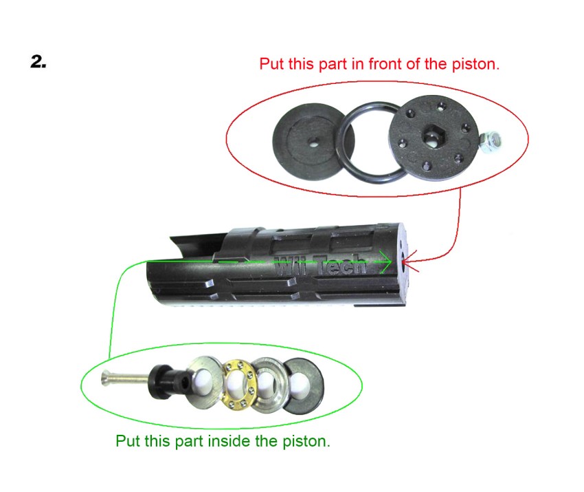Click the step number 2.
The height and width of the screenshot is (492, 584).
(x=38, y=61)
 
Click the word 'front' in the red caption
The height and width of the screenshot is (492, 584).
(x=385, y=64)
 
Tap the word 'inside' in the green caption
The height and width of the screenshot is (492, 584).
(x=229, y=441)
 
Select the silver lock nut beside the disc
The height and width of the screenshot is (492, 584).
(x=489, y=142)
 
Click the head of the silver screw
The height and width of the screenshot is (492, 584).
(x=106, y=379)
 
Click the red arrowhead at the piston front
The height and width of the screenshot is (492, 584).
(x=408, y=261)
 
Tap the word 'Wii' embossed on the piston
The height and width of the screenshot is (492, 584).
(x=291, y=266)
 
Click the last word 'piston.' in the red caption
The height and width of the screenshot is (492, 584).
(x=475, y=64)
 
